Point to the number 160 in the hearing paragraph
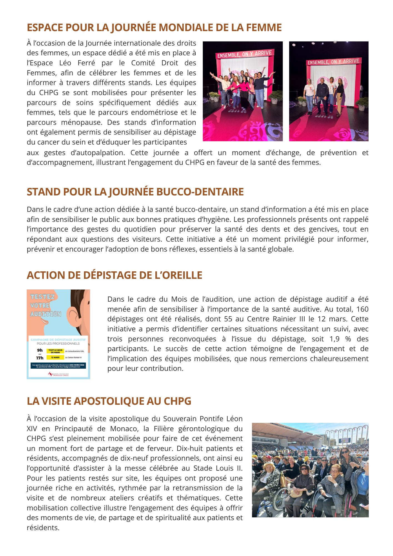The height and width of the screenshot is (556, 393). tap(362, 309)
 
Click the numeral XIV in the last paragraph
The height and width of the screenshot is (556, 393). tap(33, 429)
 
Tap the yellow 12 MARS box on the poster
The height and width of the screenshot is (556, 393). tap(55, 358)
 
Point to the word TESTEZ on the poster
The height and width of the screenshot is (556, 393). tap(42, 297)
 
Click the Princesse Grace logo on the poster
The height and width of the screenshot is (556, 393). tap(58, 374)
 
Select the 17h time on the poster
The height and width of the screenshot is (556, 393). tap(40, 358)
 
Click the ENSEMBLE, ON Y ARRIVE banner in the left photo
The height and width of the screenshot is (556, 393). tap(244, 54)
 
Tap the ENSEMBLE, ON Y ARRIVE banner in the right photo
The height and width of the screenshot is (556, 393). tap(333, 62)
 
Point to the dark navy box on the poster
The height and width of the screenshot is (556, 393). tap(58, 366)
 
